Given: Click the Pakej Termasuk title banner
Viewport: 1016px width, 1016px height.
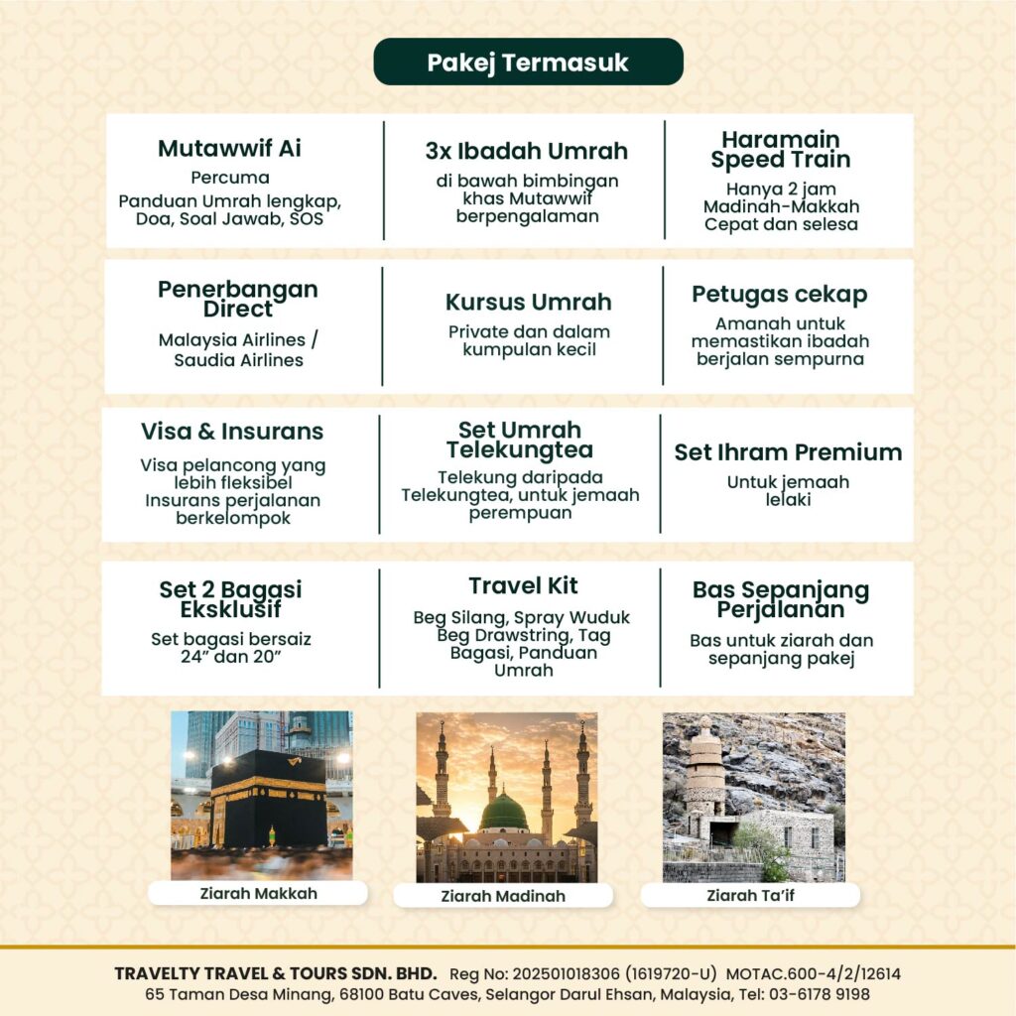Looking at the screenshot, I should point(528,62).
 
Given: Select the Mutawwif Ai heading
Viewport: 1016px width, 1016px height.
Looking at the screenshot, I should point(229,149).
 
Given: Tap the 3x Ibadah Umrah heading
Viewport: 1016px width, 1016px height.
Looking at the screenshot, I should point(527,151).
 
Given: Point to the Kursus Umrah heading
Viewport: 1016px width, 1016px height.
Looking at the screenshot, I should point(528,302).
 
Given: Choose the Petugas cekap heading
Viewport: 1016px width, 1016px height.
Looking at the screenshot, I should point(779,295).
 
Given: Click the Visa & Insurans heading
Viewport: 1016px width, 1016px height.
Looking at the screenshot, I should point(232,432).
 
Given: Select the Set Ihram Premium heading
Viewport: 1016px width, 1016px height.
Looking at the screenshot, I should point(788,452).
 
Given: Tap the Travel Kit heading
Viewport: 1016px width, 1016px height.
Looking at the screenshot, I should point(523,585).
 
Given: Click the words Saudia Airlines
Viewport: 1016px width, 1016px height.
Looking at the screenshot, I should point(238,360).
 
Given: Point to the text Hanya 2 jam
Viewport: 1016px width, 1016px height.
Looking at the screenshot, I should point(781,189).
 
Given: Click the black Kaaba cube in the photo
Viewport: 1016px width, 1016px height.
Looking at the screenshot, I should point(268,799).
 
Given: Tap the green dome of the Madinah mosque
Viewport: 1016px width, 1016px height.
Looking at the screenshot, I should point(504,813).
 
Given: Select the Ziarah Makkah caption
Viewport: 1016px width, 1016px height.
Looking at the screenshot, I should point(258,893).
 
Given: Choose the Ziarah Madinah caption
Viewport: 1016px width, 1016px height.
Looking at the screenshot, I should point(503,896).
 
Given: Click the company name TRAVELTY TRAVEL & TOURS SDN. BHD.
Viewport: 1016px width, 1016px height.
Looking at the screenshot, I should point(276,974).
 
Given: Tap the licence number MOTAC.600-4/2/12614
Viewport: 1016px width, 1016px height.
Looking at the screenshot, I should point(813,974).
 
